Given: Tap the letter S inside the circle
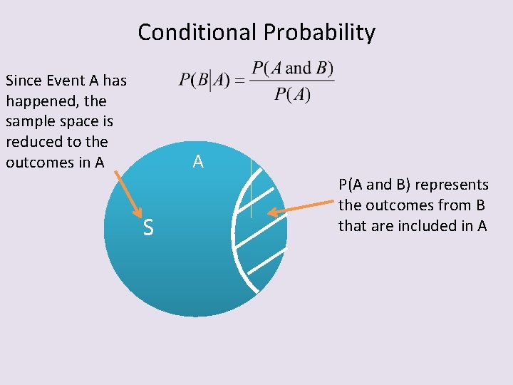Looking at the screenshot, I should pos(147,228).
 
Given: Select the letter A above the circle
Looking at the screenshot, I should pos(198,162).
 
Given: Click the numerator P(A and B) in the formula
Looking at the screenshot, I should pos(293,68).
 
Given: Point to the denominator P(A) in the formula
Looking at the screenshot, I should pos(292,95).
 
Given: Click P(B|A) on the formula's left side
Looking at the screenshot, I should pos(204,80).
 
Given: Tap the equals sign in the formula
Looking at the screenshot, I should pos(241,81).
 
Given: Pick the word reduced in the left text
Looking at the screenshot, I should pos(30,142).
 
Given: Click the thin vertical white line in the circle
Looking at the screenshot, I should pos(251,189).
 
